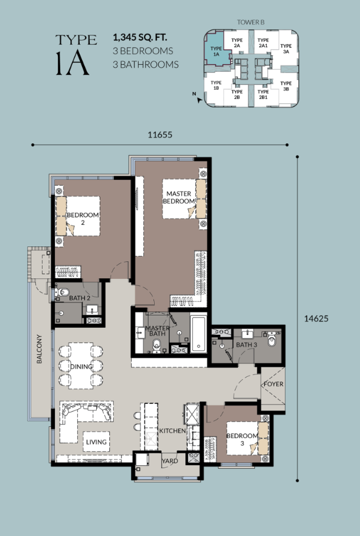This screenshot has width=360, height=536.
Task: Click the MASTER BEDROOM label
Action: [179, 197]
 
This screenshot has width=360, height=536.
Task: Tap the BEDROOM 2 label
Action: [83, 218]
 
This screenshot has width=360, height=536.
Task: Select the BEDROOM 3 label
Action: [242, 439]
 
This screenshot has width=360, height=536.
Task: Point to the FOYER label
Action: [273, 384]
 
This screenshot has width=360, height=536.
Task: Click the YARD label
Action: [170, 461]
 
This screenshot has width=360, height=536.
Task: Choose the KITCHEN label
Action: [172, 430]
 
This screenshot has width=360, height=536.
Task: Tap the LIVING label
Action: [96, 442]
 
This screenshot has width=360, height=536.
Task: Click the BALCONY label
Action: [40, 348]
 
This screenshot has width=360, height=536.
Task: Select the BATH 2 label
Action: [80, 298]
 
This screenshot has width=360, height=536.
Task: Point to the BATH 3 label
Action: [246, 344]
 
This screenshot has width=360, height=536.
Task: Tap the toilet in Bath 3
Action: [272, 340]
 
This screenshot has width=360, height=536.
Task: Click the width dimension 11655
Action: [160, 134]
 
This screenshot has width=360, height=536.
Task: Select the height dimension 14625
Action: [316, 318]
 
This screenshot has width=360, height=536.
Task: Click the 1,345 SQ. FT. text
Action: [140, 37]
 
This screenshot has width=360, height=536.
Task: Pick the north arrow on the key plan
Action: [199, 100]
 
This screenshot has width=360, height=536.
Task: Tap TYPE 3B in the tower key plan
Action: [286, 86]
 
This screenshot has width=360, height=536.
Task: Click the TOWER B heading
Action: [251, 22]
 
